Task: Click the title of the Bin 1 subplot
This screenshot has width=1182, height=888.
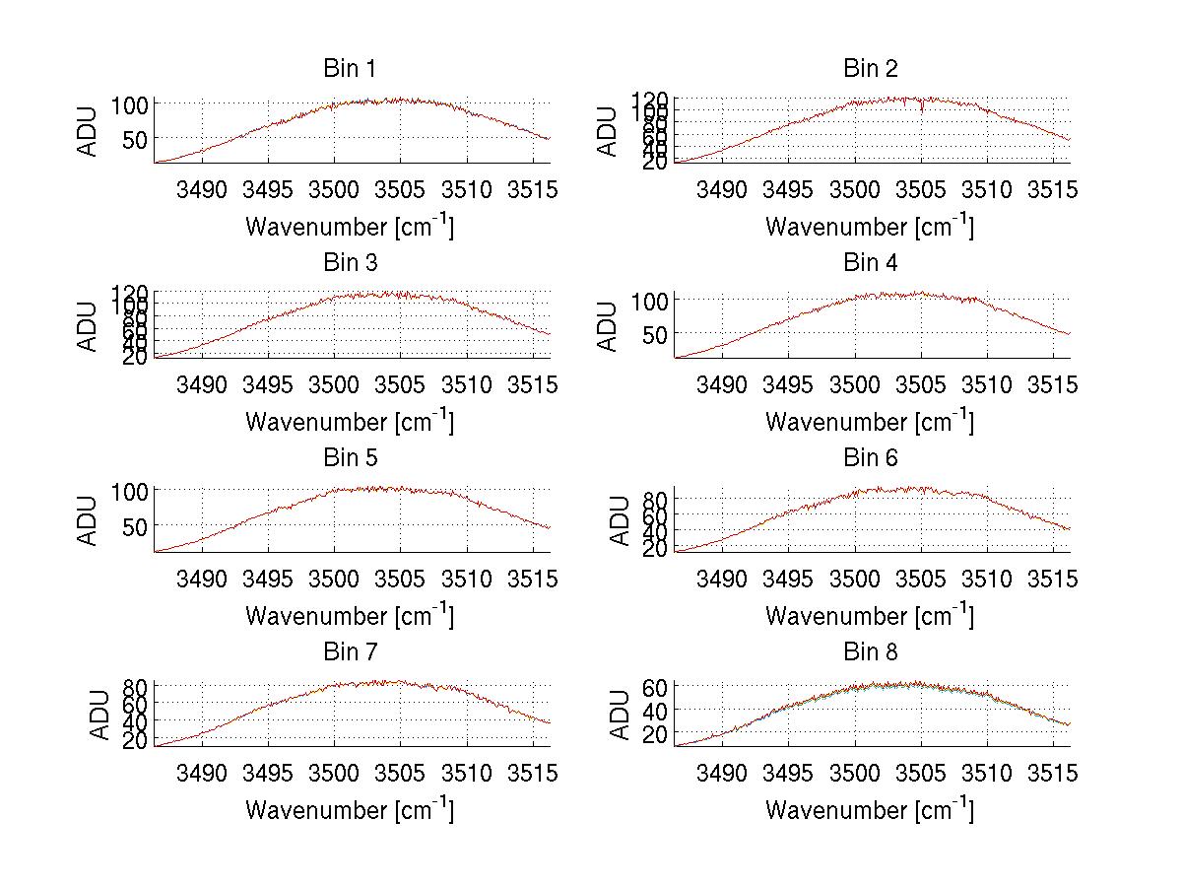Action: [349, 69]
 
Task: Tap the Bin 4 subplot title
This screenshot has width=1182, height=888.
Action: [870, 263]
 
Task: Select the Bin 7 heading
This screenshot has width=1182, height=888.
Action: [349, 652]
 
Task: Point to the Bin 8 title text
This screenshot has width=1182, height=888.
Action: [870, 652]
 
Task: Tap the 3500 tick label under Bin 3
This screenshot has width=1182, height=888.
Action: [334, 383]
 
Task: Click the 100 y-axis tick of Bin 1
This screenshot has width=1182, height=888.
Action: [135, 104]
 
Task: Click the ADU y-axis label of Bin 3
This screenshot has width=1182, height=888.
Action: [88, 326]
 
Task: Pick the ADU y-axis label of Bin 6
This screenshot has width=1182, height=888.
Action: [620, 520]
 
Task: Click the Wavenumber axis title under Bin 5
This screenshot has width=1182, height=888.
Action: [349, 615]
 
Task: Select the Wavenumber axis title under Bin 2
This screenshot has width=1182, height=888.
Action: [870, 227]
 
